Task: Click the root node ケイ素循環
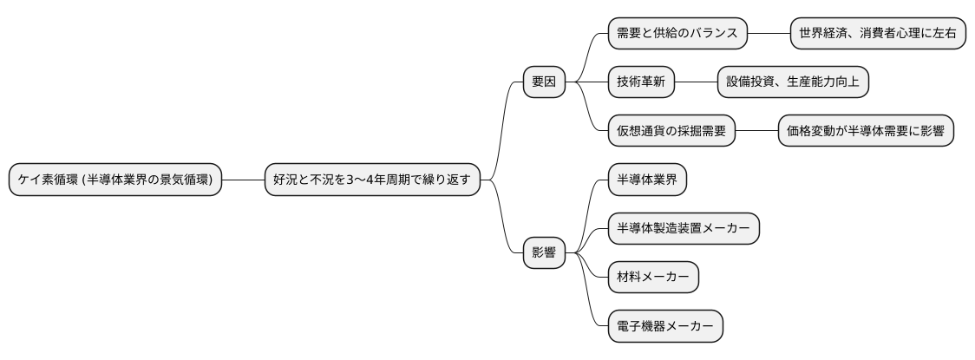click(115, 180)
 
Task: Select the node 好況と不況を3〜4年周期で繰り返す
click(371, 180)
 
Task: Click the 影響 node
click(544, 254)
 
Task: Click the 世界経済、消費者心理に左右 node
click(878, 34)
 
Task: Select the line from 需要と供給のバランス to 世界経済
click(769, 34)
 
